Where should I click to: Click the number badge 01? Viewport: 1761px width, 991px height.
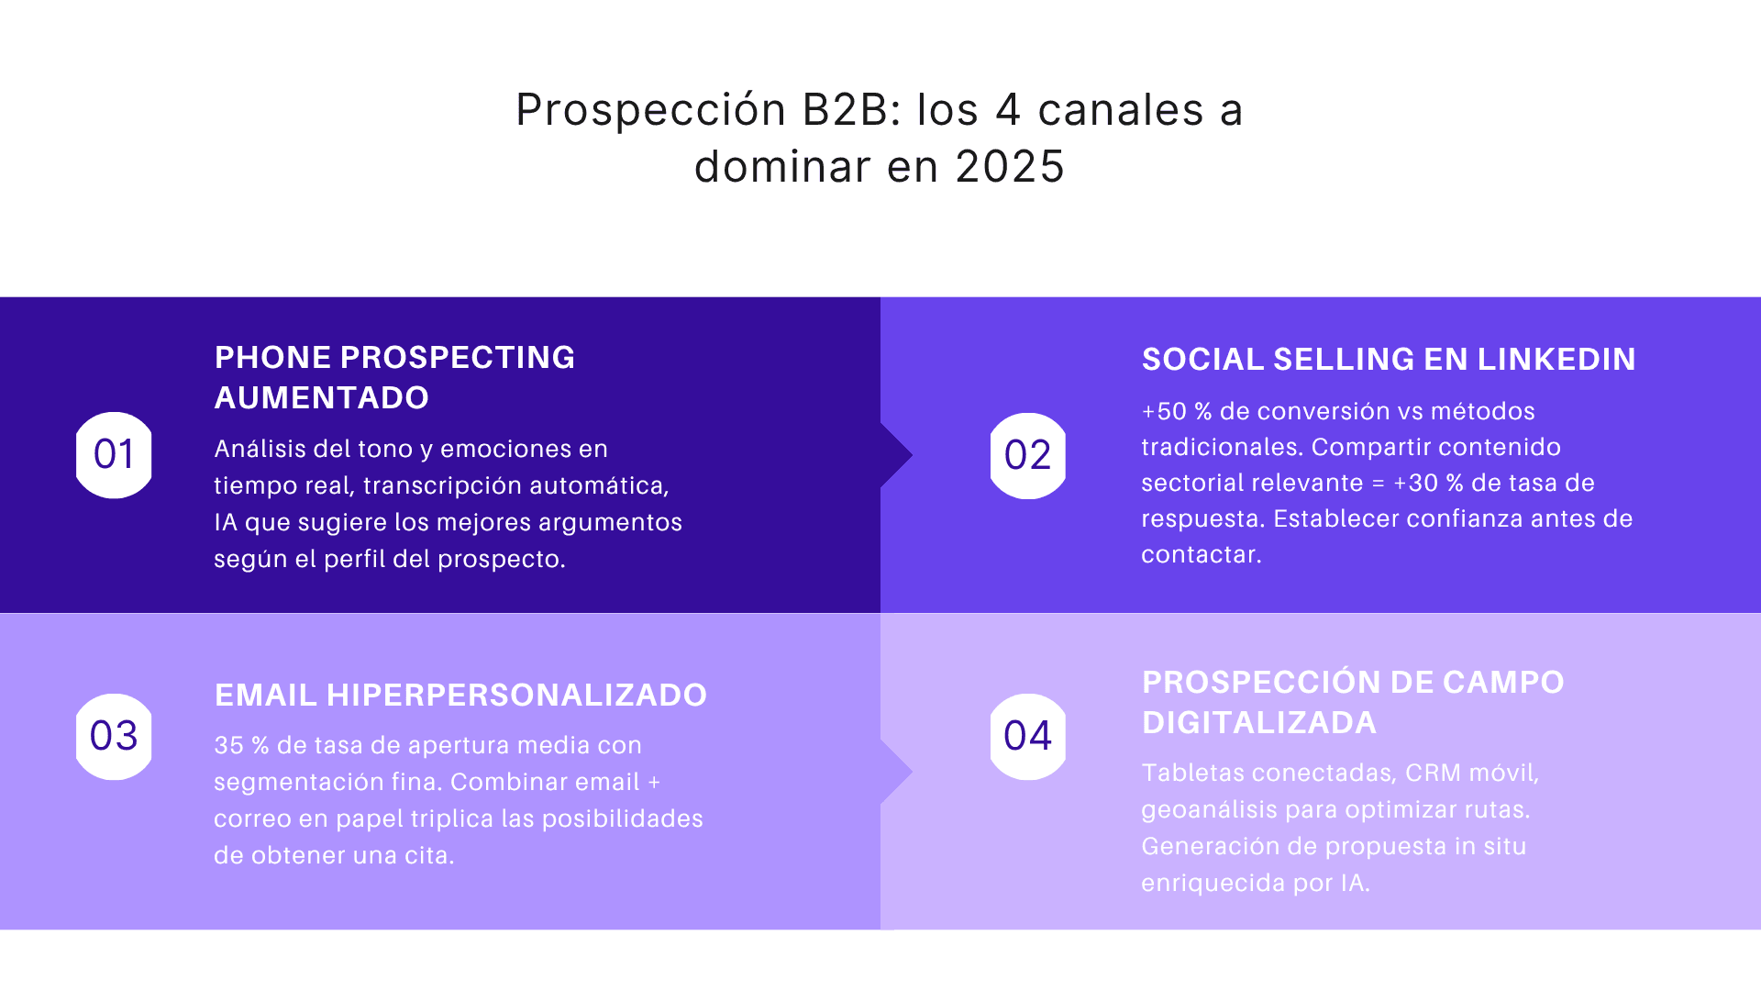click(114, 455)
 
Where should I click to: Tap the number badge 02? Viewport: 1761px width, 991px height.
click(1027, 456)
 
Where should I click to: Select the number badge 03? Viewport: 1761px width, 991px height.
click(114, 736)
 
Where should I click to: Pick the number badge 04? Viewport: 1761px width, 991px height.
click(1027, 736)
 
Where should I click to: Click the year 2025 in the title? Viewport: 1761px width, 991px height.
click(1010, 167)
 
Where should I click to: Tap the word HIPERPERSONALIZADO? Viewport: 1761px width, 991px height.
click(516, 695)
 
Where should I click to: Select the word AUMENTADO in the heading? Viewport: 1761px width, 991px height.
click(321, 397)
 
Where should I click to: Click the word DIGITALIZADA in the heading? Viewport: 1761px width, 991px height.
click(1258, 722)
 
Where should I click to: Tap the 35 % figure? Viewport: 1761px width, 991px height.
click(241, 745)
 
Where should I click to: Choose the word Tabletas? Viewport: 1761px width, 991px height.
click(1192, 773)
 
